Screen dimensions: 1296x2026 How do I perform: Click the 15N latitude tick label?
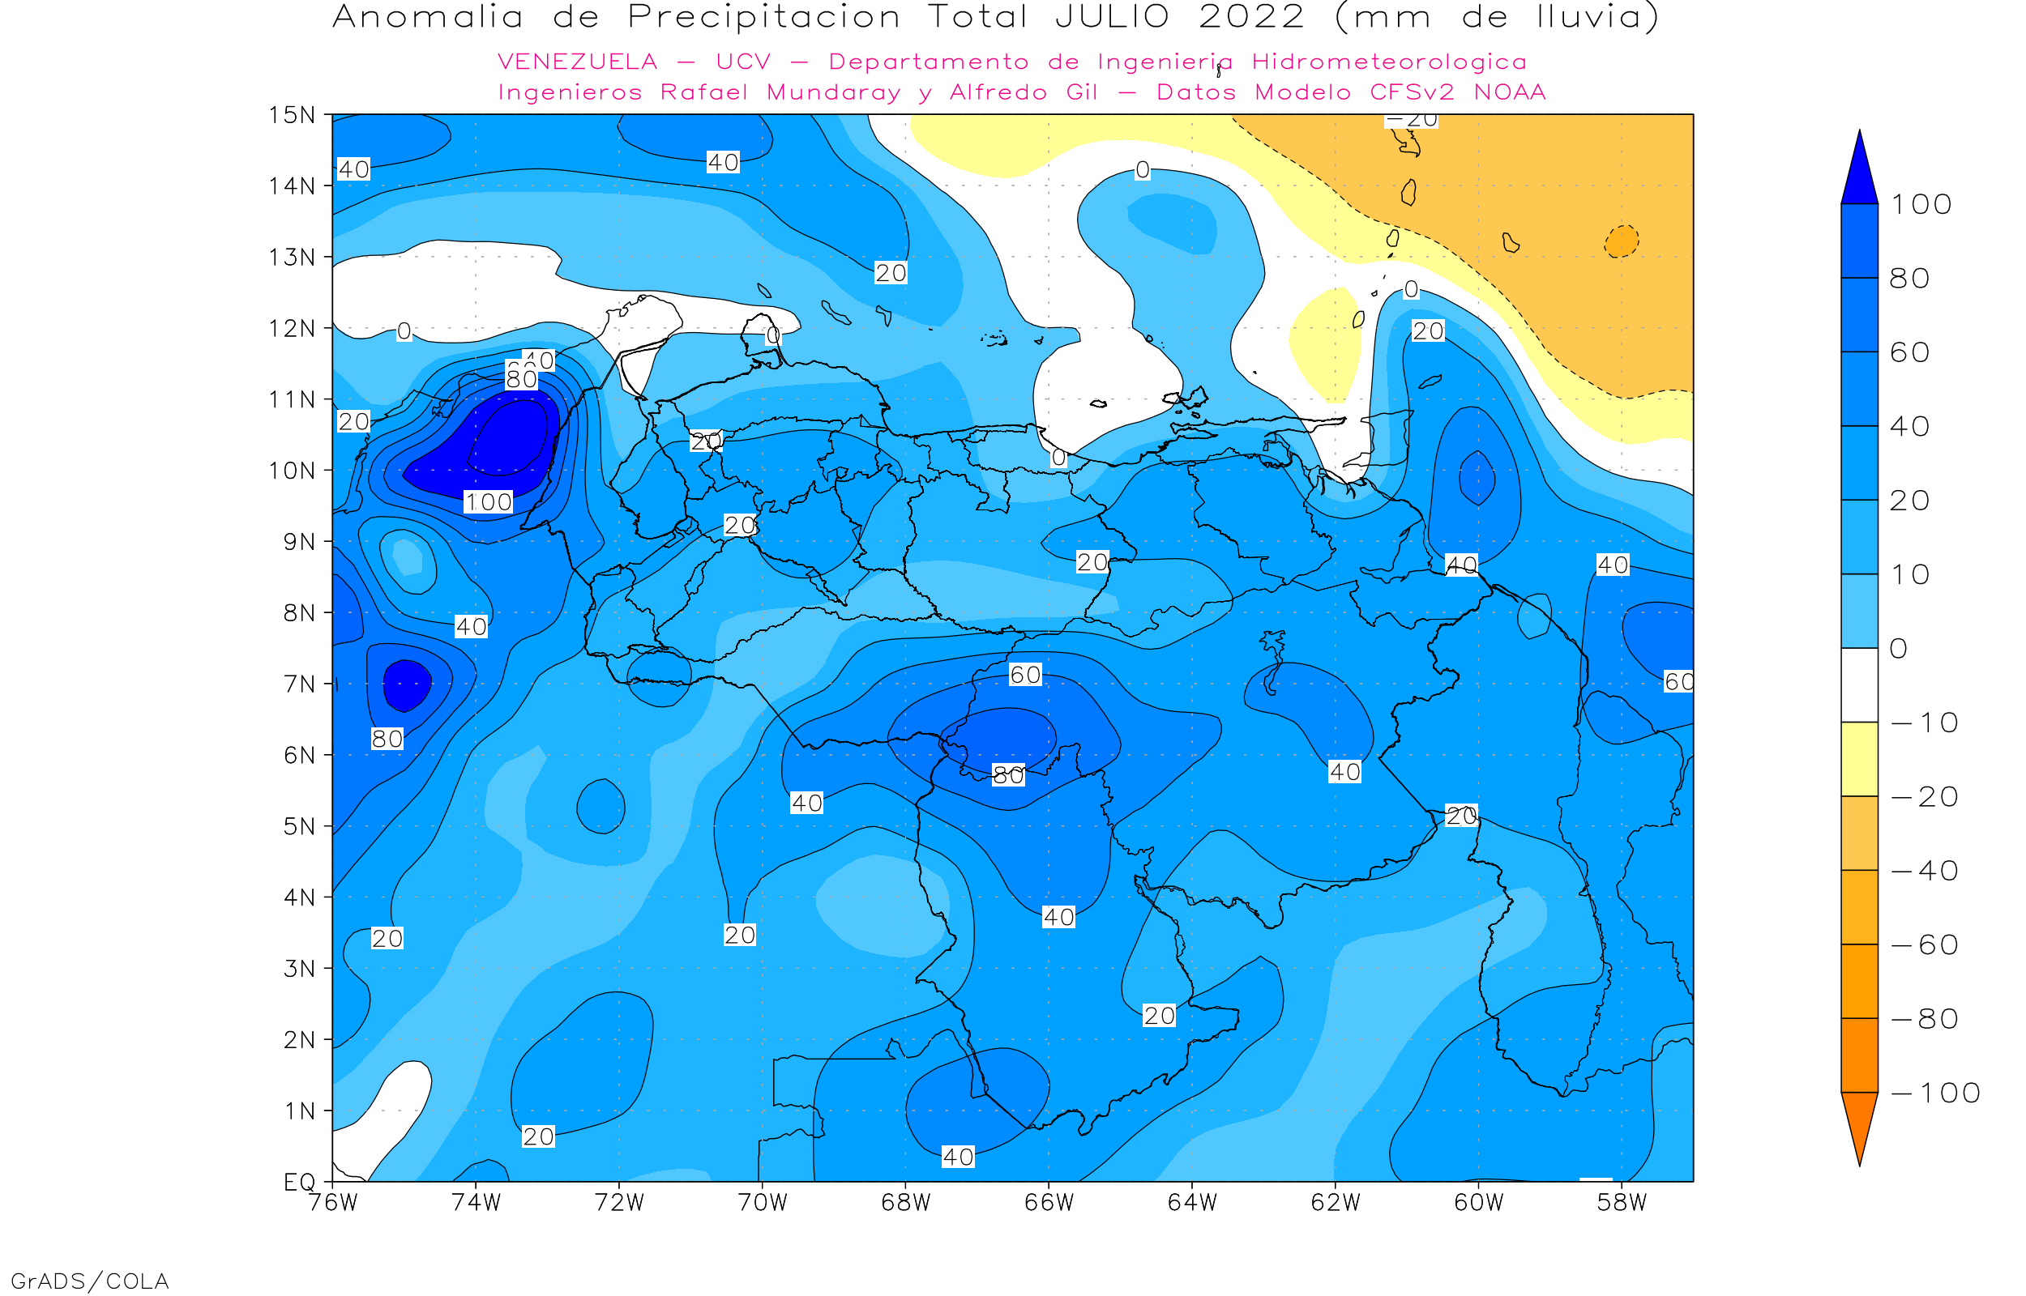pos(292,115)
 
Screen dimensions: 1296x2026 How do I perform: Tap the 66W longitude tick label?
pos(1049,1203)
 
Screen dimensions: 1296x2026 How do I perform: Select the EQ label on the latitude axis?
pos(300,1183)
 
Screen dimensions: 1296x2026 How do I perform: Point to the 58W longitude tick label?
pos(1621,1203)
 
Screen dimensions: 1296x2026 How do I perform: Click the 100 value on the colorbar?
pos(1921,204)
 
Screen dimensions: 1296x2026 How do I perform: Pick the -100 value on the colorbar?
pos(1935,1093)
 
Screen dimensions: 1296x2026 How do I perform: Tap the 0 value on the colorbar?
pos(1899,649)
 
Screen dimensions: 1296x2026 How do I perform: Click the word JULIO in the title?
pos(1112,18)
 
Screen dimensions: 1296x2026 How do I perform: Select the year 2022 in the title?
pos(1251,18)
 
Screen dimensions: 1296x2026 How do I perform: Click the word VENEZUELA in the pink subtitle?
pos(578,62)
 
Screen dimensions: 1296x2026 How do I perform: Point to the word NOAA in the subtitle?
pos(1510,92)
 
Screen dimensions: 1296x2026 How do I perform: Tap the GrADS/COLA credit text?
pos(90,1281)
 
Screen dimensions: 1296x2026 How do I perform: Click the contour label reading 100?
pos(488,502)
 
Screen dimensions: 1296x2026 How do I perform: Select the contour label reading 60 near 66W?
pos(1025,675)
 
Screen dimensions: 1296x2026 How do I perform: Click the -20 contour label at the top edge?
pos(1412,121)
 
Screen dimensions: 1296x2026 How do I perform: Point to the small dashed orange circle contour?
pos(1621,241)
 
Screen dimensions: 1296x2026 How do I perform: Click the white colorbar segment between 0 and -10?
pos(1859,685)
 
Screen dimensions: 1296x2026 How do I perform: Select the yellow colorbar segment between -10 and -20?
pos(1859,759)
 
